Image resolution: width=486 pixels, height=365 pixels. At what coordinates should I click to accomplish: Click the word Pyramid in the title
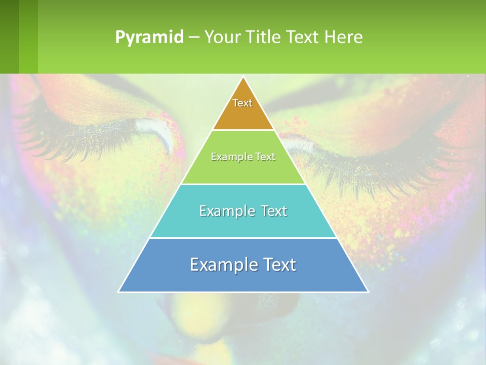[149, 38]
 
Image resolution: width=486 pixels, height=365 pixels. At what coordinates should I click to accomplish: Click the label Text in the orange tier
[242, 103]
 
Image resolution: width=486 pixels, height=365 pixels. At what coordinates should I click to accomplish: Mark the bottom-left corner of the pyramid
[119, 291]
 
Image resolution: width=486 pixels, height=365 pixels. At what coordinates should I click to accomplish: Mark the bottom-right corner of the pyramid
[368, 291]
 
